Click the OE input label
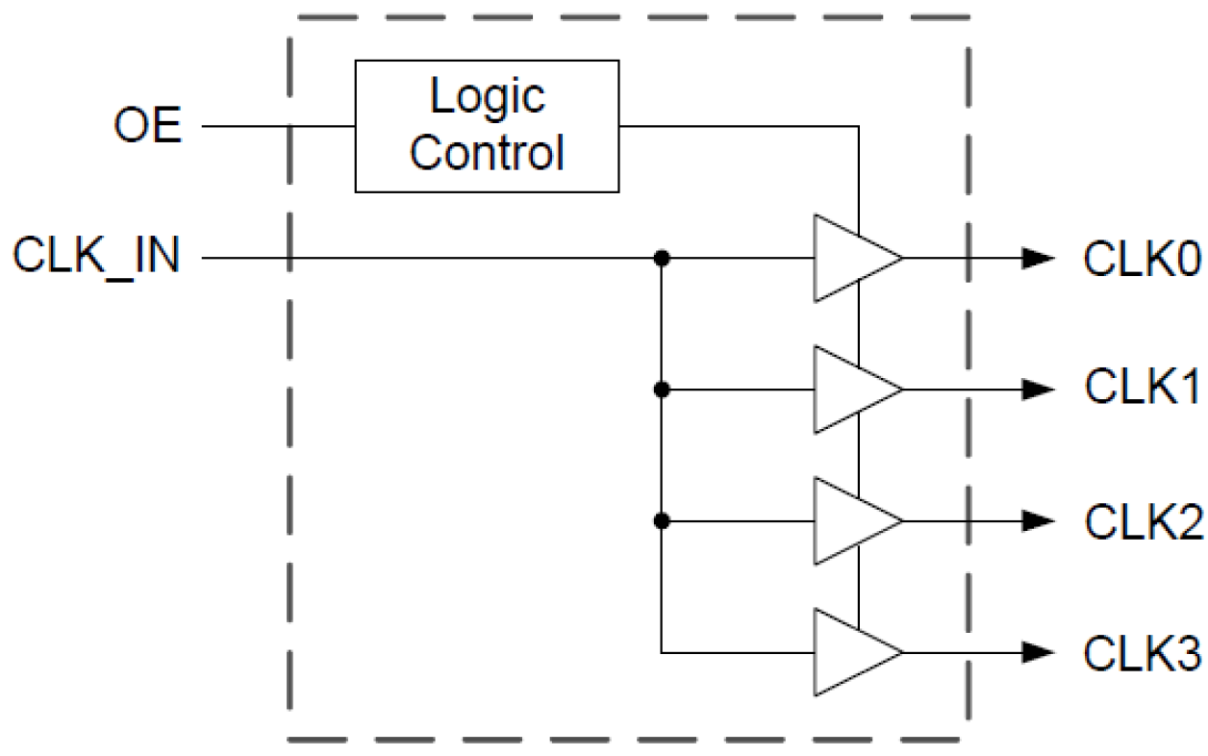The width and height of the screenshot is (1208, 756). (x=148, y=126)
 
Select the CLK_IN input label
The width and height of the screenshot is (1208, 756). (x=96, y=258)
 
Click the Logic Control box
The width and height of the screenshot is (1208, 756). (x=487, y=126)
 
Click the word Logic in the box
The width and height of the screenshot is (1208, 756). (x=487, y=96)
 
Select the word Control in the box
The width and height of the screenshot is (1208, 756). (x=487, y=152)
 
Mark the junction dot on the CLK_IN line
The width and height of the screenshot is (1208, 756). (x=661, y=258)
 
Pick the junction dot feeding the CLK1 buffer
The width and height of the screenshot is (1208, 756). (x=661, y=390)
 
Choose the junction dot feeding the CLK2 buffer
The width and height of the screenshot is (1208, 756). (x=661, y=521)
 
